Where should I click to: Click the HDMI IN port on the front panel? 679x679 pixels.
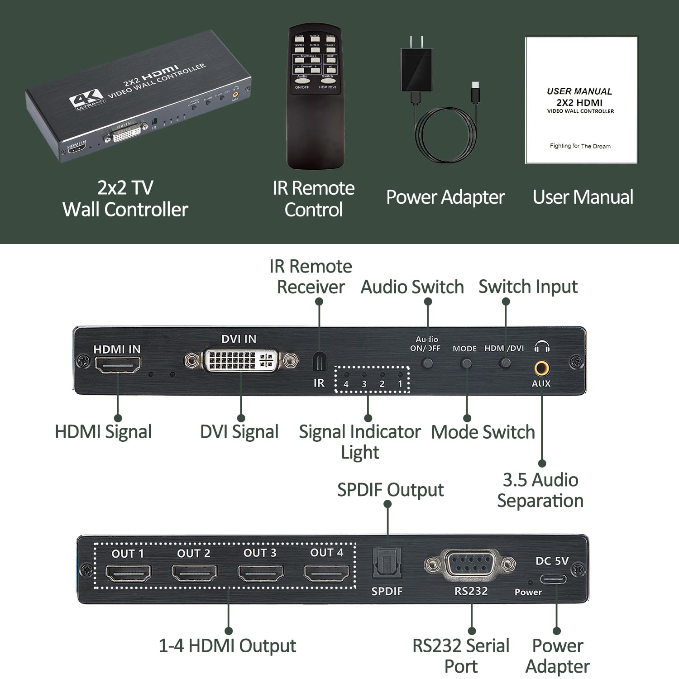tap(118, 364)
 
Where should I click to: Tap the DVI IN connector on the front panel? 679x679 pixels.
tap(241, 360)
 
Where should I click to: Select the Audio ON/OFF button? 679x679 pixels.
tap(427, 363)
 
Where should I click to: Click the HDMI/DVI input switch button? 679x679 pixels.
tap(505, 363)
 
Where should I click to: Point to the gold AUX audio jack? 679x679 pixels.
tap(541, 368)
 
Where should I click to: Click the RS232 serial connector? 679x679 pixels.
tap(470, 564)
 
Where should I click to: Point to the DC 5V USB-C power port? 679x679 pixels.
tap(553, 579)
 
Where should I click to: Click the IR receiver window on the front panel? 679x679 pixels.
tap(319, 362)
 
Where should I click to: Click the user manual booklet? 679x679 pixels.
tap(581, 100)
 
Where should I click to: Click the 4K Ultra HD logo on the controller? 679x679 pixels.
tap(86, 99)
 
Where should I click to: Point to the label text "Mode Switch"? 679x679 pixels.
tap(483, 432)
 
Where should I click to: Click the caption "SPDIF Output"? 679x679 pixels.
tap(390, 490)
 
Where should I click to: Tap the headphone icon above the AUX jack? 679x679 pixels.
tap(541, 347)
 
